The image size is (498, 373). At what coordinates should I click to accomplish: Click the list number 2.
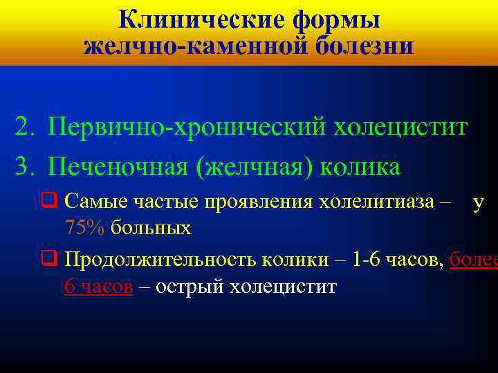[x=23, y=128]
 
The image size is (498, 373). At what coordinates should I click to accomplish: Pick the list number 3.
[x=23, y=167]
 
